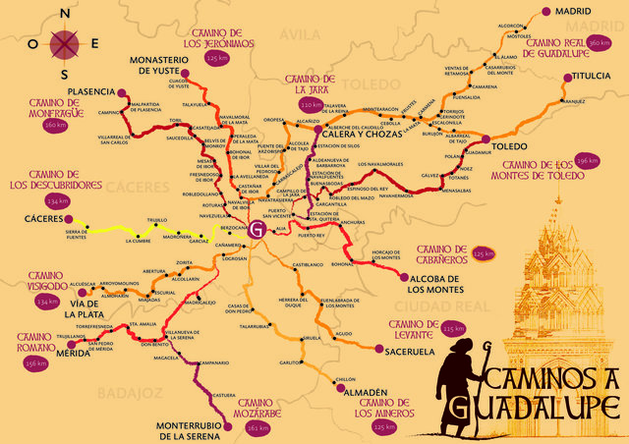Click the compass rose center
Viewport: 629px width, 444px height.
coord(66,43)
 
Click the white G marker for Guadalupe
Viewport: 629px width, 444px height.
coord(257,231)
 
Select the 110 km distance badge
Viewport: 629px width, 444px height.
coord(311,104)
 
